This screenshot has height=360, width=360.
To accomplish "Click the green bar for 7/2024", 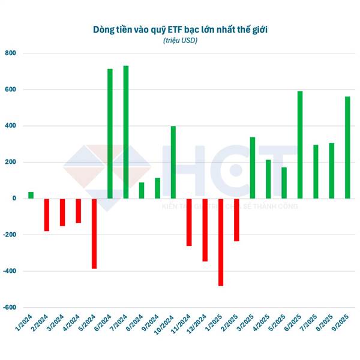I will click(x=126, y=132).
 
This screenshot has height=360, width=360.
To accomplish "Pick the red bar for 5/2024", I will click(x=94, y=233).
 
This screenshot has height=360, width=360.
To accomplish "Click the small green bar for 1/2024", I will click(x=31, y=195).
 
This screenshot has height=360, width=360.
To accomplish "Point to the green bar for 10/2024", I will click(x=173, y=162).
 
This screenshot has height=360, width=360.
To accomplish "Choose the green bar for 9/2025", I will click(x=347, y=147).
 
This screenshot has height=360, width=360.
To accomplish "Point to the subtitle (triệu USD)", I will click(x=180, y=40).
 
